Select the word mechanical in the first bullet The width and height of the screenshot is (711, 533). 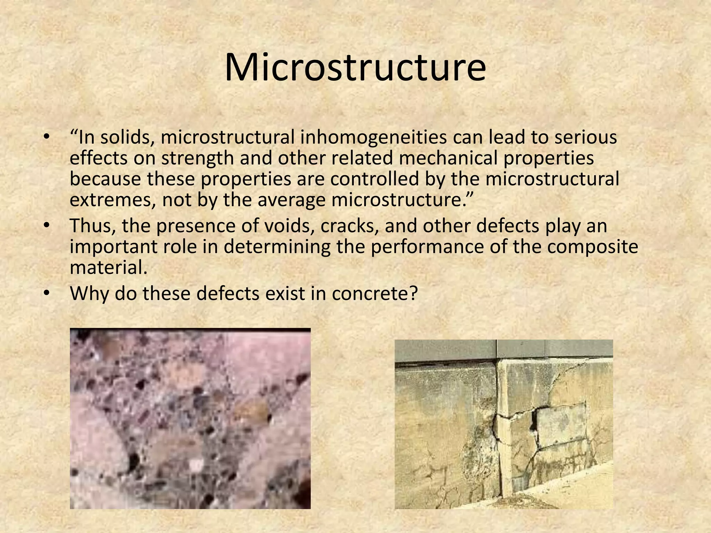(x=449, y=158)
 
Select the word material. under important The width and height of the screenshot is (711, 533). (x=109, y=268)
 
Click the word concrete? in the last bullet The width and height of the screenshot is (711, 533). (x=374, y=294)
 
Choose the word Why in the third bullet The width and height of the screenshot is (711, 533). (x=89, y=294)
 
